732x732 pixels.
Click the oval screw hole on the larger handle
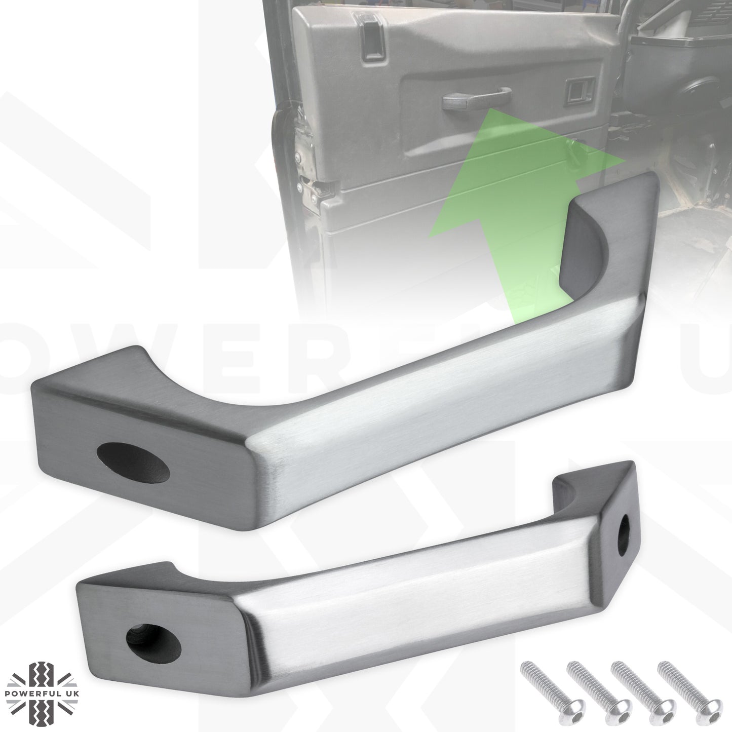(x=133, y=461)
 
